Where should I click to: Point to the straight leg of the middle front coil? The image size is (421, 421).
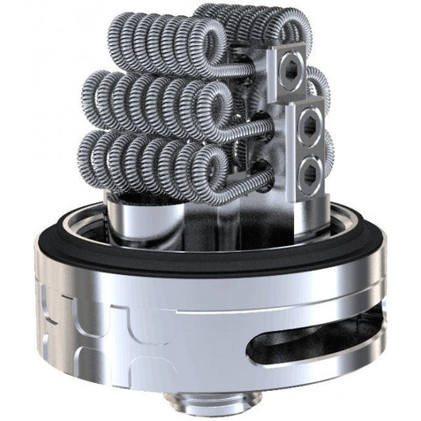[x=257, y=126]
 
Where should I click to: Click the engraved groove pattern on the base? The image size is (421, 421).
[x=95, y=308]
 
